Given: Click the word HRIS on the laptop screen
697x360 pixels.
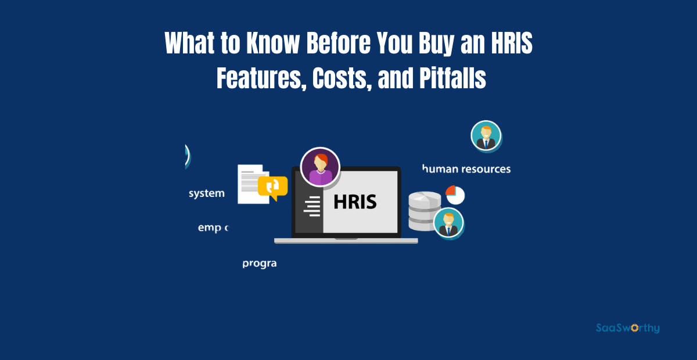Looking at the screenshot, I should pyautogui.click(x=355, y=202).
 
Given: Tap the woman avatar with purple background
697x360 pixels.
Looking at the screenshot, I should pyautogui.click(x=320, y=167).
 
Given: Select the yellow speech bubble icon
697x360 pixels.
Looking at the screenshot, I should pyautogui.click(x=272, y=188).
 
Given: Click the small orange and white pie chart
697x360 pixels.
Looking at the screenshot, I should pyautogui.click(x=455, y=195).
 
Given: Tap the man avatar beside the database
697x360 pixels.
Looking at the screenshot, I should pyautogui.click(x=448, y=223).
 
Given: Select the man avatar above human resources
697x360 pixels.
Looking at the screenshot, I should pyautogui.click(x=486, y=136).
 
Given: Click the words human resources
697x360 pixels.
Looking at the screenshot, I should pyautogui.click(x=466, y=169).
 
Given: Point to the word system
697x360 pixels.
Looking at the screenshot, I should pyautogui.click(x=207, y=193).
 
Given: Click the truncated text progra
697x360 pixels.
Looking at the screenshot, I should pyautogui.click(x=259, y=263).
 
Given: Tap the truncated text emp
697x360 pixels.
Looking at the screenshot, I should pyautogui.click(x=210, y=228).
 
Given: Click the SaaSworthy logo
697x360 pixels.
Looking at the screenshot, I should pyautogui.click(x=627, y=328).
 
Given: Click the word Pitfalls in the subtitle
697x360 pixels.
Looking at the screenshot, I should pyautogui.click(x=452, y=78).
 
